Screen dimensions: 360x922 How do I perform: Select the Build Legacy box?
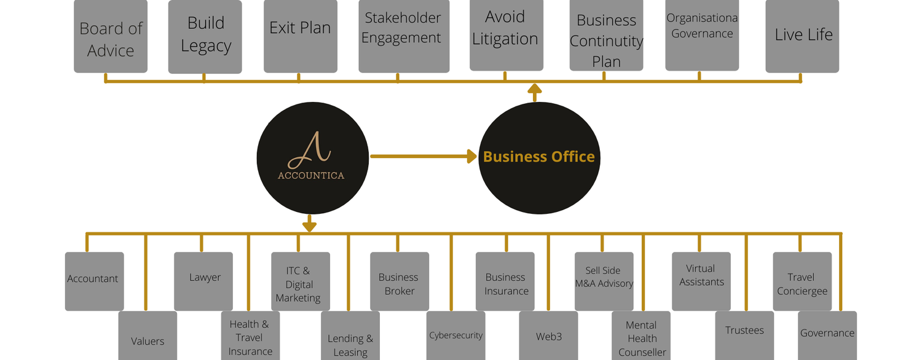pos(205,36)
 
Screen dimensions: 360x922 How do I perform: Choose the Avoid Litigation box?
pos(506,34)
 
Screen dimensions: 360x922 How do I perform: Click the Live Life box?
pos(802,36)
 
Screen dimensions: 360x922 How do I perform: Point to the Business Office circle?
pos(539,157)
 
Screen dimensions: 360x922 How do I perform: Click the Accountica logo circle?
pos(312,157)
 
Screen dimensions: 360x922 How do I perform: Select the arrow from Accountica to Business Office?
pos(424,157)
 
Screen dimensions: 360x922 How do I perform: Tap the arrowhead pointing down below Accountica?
pos(309,225)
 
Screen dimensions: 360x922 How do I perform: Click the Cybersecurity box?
pos(455,335)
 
